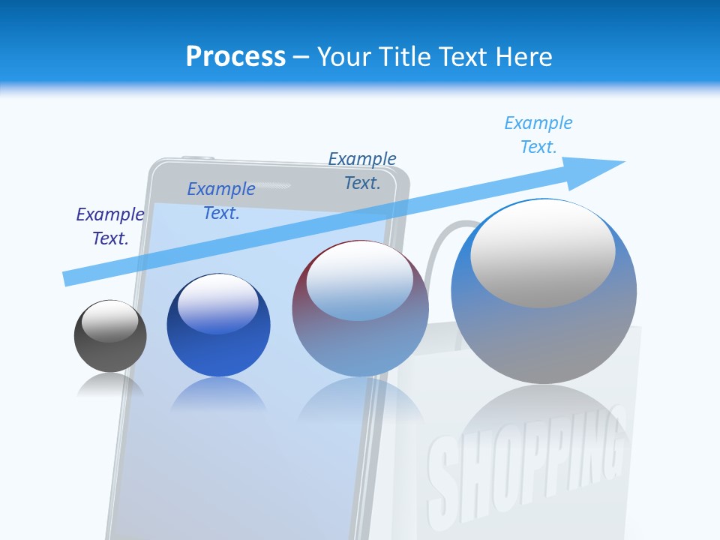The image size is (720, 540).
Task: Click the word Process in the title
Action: pos(235,57)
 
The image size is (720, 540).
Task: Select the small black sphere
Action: pos(110,337)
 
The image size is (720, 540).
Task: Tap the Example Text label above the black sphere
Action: pos(109,226)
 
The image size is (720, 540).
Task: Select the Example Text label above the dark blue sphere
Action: pos(221,201)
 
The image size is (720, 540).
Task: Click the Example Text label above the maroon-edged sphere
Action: pos(362,170)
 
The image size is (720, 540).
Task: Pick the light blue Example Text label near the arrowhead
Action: pos(538,135)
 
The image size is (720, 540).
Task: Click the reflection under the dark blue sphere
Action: pos(218,393)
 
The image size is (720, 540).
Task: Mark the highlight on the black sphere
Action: pos(110,321)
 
